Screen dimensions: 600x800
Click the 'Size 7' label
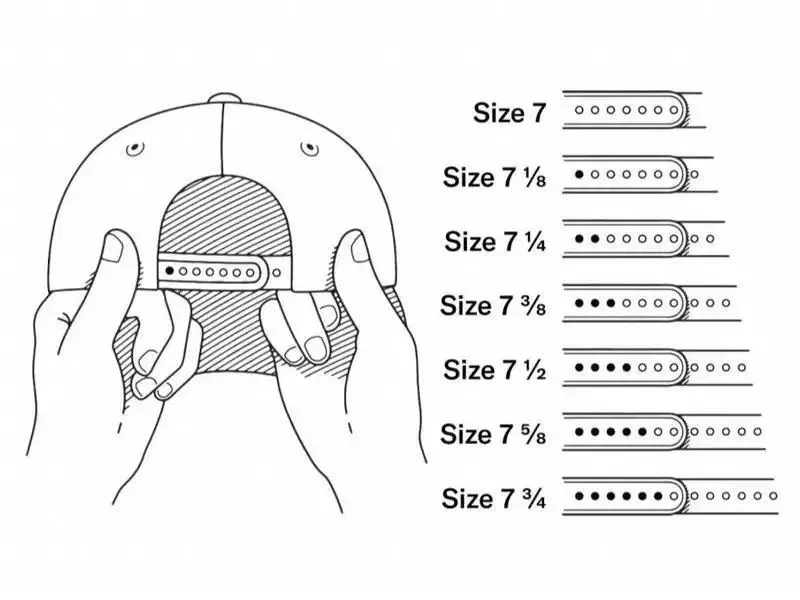point(510,112)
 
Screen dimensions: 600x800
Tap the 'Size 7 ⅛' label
point(495,177)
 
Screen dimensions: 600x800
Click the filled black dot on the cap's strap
point(169,271)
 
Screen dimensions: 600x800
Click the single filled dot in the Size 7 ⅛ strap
point(580,174)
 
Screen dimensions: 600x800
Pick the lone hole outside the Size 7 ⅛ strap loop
point(695,175)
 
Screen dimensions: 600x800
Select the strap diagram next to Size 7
point(632,110)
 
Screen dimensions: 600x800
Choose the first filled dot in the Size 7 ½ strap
point(580,368)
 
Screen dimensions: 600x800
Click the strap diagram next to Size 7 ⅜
point(650,303)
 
